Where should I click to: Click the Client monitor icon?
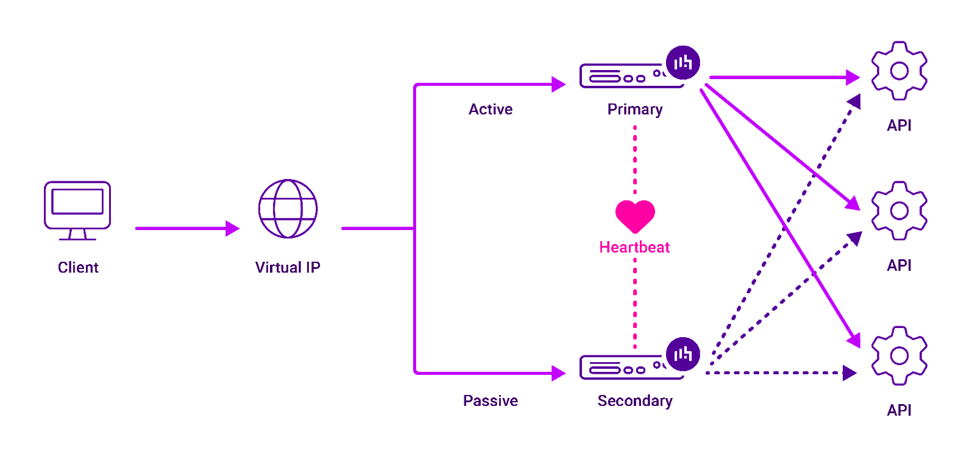pos(77,207)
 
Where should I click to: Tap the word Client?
pos(78,267)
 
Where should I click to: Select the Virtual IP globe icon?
pos(288,209)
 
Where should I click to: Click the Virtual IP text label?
pos(288,267)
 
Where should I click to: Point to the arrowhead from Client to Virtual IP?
pos(232,228)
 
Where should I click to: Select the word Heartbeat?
pos(635,247)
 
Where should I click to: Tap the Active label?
pos(491,110)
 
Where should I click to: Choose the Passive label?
pos(491,400)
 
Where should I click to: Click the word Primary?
pos(635,110)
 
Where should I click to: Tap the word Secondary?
pos(635,400)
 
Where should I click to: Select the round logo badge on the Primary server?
pos(682,62)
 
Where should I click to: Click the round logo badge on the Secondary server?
pos(682,354)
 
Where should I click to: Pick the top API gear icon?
pos(899,71)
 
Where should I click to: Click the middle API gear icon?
pos(899,211)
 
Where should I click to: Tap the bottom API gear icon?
pos(899,355)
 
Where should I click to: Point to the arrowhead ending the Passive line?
pos(558,373)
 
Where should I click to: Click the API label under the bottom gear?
pos(899,410)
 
